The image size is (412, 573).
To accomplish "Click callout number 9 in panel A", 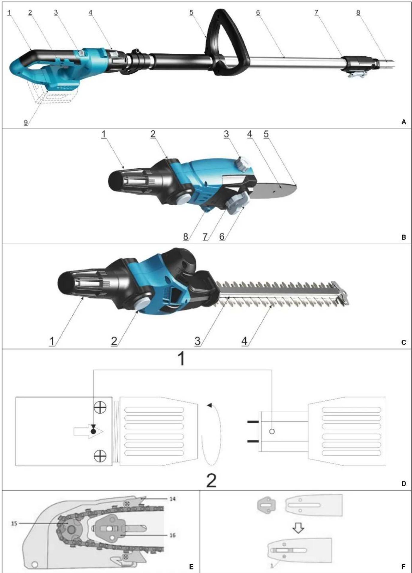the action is point(26,122).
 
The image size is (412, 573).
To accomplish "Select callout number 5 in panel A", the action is point(191,12).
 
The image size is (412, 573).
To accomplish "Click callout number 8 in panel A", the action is point(358,12).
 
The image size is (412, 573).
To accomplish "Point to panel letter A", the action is point(404,122).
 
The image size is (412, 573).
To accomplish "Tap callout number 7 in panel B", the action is point(205,237).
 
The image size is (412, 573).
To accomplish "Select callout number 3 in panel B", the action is point(226,134).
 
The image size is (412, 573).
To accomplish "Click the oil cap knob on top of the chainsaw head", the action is point(242,164).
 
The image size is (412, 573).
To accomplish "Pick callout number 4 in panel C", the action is point(245,341).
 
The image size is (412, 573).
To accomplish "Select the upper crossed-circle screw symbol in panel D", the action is point(100,407).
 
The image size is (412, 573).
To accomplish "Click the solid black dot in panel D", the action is point(94,431).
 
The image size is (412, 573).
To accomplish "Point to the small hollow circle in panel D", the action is point(272,431).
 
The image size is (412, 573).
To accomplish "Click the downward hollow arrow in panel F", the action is point(298,528).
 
